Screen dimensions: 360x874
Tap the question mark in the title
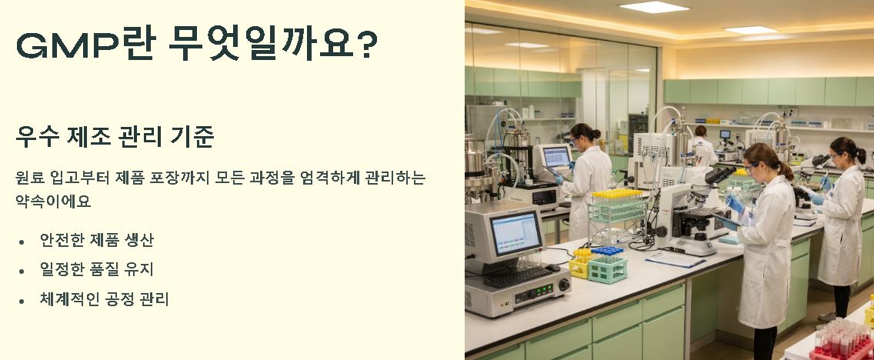click(367, 46)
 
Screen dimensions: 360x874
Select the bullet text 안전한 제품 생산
click(97, 240)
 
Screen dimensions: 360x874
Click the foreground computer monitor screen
click(515, 233)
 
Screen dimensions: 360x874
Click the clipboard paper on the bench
click(675, 259)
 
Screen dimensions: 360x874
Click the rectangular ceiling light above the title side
click(653, 7)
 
